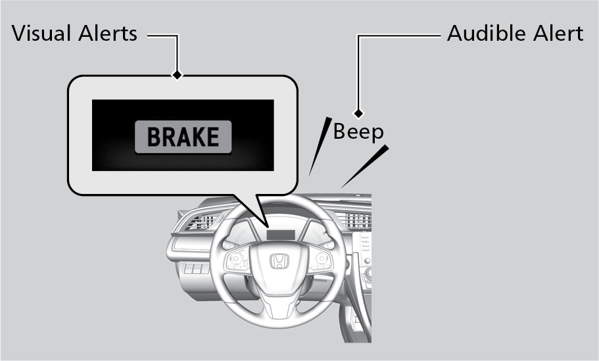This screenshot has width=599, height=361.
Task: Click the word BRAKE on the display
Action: coord(183,137)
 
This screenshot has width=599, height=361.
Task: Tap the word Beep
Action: coord(358,132)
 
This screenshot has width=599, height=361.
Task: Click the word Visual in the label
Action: coord(45,34)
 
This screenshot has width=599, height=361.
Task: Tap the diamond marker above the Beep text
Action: coord(358,113)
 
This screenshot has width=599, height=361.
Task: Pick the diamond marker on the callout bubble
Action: coord(176,75)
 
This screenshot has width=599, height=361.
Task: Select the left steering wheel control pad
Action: coord(237,261)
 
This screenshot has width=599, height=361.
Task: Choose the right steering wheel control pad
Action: coord(319,261)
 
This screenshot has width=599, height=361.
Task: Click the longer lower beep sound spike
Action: coord(364,166)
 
